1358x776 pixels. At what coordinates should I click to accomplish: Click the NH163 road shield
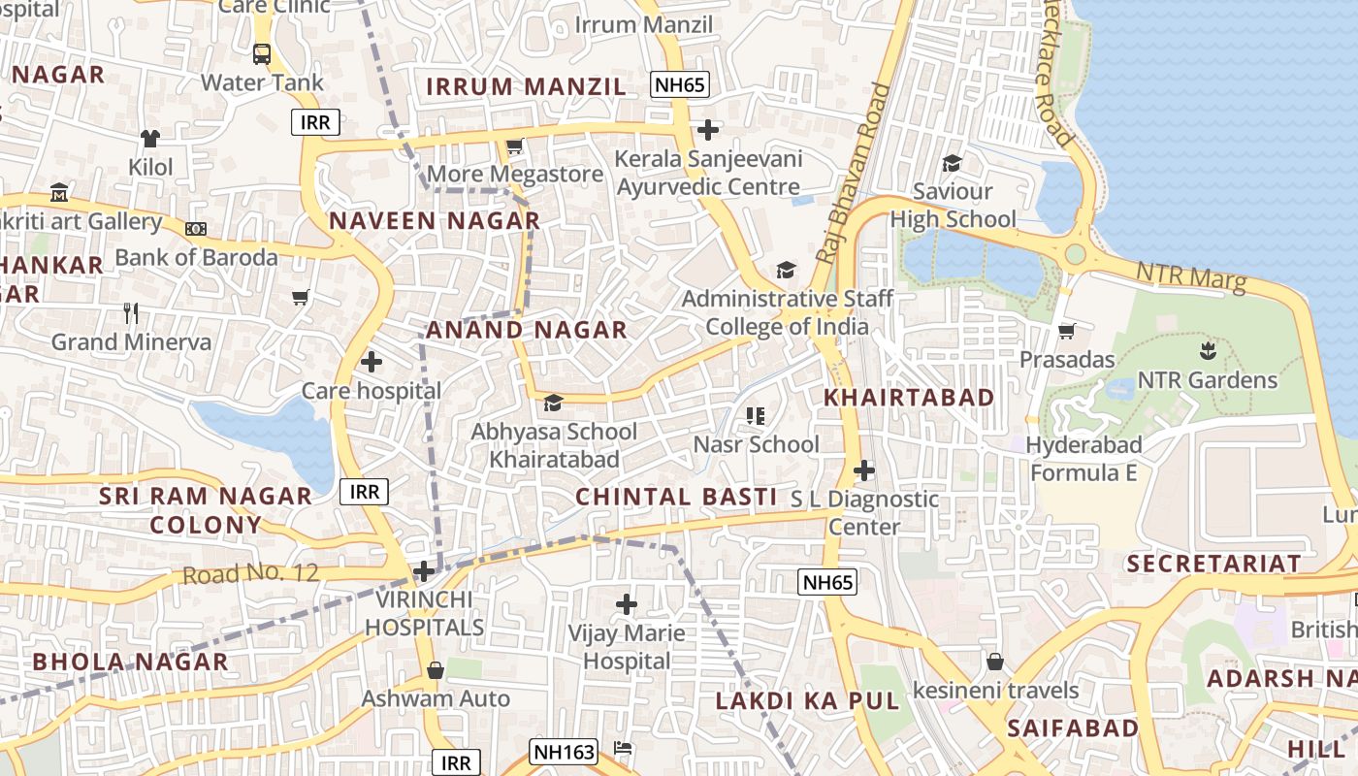564,751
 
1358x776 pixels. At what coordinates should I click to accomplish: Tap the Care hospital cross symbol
371,363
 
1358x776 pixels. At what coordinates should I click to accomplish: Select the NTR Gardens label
1207,379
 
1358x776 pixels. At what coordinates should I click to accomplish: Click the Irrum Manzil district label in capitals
527,86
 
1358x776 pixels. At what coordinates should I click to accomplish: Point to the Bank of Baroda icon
196,229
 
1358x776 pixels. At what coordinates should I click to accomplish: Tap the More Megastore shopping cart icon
515,147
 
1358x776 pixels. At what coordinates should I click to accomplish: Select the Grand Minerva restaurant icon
132,313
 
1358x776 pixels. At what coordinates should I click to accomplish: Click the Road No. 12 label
250,572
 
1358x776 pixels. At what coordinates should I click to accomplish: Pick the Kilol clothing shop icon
150,139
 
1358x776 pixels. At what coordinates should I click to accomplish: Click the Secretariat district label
1212,564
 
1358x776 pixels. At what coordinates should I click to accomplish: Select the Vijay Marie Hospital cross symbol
627,604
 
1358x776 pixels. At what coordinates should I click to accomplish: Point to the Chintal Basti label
676,497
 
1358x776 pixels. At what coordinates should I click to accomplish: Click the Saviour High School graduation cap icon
952,163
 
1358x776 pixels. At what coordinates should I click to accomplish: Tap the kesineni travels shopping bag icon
995,663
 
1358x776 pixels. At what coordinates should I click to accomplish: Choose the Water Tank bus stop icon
262,53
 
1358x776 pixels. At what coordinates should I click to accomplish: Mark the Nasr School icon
756,416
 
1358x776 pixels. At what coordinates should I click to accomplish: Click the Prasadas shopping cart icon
1066,332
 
